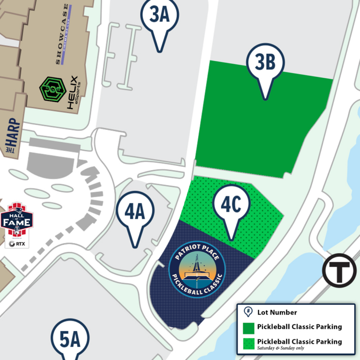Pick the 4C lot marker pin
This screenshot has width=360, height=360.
pos(231,206)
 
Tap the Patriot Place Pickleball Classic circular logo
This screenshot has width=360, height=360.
pos(197,270)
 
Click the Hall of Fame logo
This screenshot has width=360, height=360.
pos(17,221)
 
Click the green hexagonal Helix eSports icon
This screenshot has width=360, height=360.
pos(52,89)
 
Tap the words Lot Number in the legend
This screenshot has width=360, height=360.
pos(277,312)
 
